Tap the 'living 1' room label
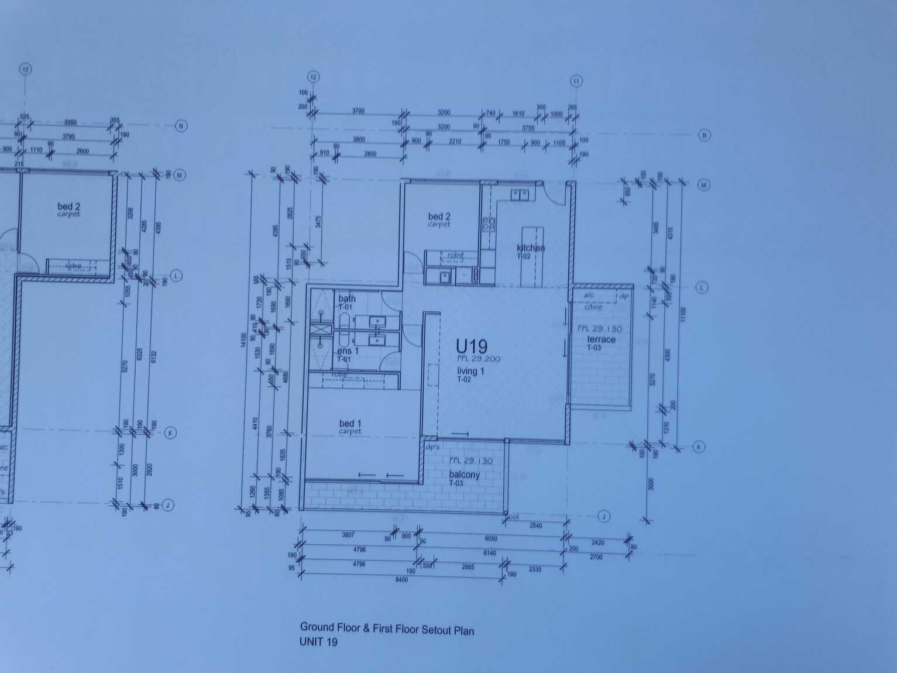[x=470, y=371]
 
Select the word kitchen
[x=530, y=248]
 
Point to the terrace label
[x=601, y=339]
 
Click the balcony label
[x=464, y=475]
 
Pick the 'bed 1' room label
[x=350, y=423]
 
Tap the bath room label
[x=347, y=298]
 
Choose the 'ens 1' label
[x=348, y=351]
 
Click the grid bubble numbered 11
[x=576, y=81]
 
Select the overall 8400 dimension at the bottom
[x=401, y=579]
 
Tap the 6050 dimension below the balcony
[x=490, y=538]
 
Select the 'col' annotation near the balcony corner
[x=514, y=516]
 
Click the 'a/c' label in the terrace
[x=588, y=296]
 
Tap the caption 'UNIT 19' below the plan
[x=318, y=641]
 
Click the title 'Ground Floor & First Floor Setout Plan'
[x=387, y=629]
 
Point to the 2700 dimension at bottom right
[x=596, y=557]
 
